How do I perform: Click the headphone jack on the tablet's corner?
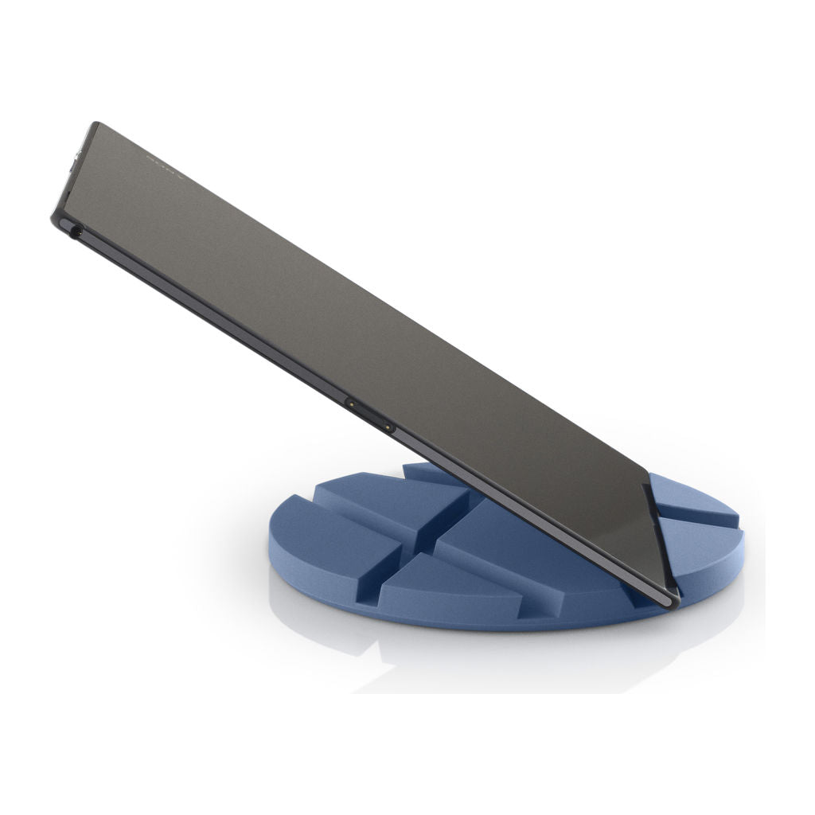click(x=76, y=230)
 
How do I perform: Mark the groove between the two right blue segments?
click(x=700, y=521)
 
